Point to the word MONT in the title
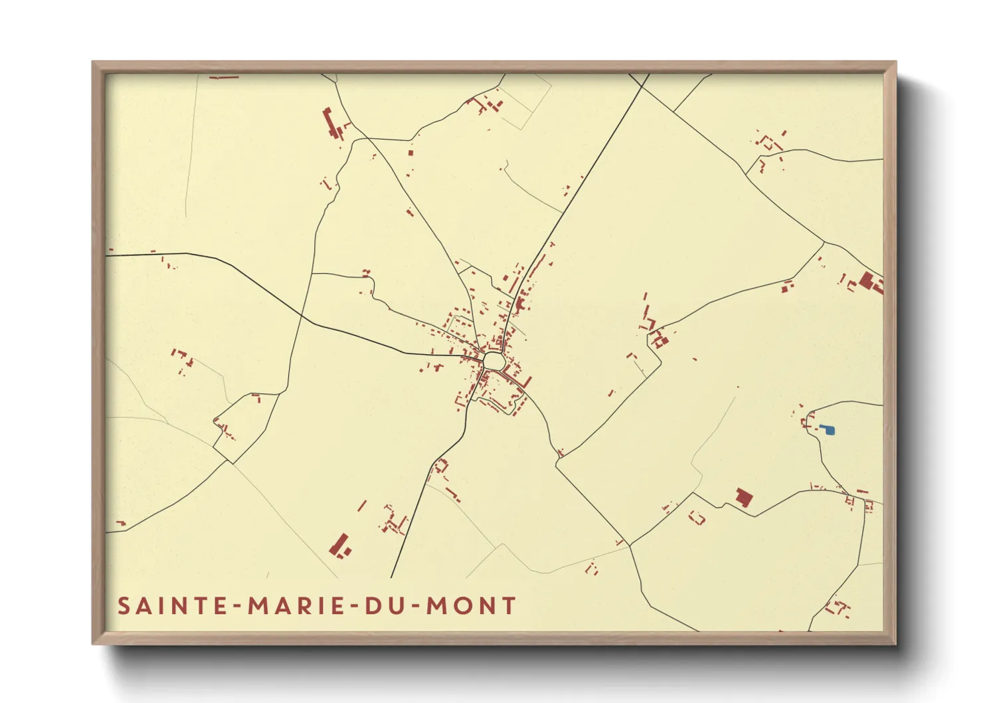[471, 606]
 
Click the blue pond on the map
[828, 430]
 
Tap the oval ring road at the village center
[493, 361]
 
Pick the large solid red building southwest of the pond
[744, 497]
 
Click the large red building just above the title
[339, 545]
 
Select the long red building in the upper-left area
[330, 123]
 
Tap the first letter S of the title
[124, 606]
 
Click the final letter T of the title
[509, 606]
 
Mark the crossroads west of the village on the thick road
[302, 318]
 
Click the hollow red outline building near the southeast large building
[697, 517]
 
